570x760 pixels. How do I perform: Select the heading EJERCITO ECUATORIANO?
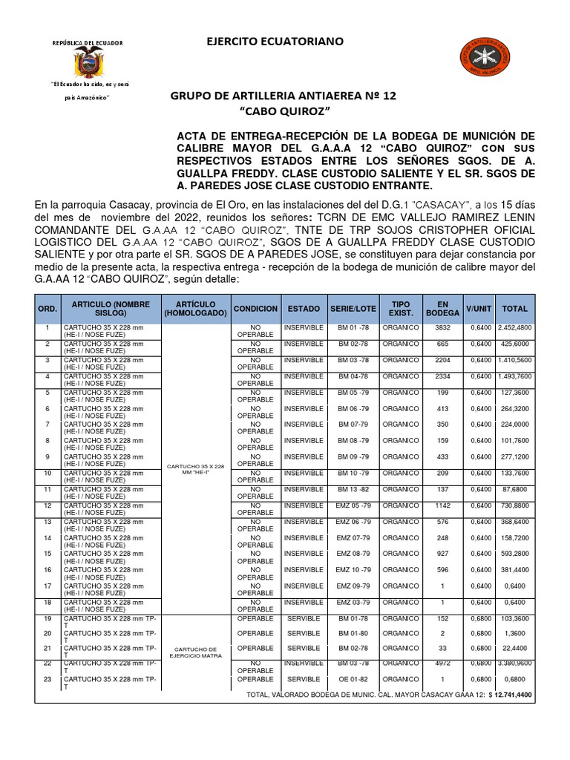(x=275, y=42)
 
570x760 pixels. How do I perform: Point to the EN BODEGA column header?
(x=443, y=308)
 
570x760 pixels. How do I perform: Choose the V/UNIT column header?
(x=479, y=308)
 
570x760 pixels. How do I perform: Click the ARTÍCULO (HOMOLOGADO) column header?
(x=196, y=308)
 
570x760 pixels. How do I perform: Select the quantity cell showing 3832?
(x=443, y=327)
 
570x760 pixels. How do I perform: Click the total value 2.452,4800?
(x=514, y=327)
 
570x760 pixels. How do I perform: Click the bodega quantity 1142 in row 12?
(x=443, y=505)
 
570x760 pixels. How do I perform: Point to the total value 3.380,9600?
(x=514, y=663)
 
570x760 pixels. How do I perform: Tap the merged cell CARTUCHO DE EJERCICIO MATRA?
(x=196, y=651)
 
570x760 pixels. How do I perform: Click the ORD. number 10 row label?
(x=47, y=473)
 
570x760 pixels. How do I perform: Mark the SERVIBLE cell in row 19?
(x=304, y=618)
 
